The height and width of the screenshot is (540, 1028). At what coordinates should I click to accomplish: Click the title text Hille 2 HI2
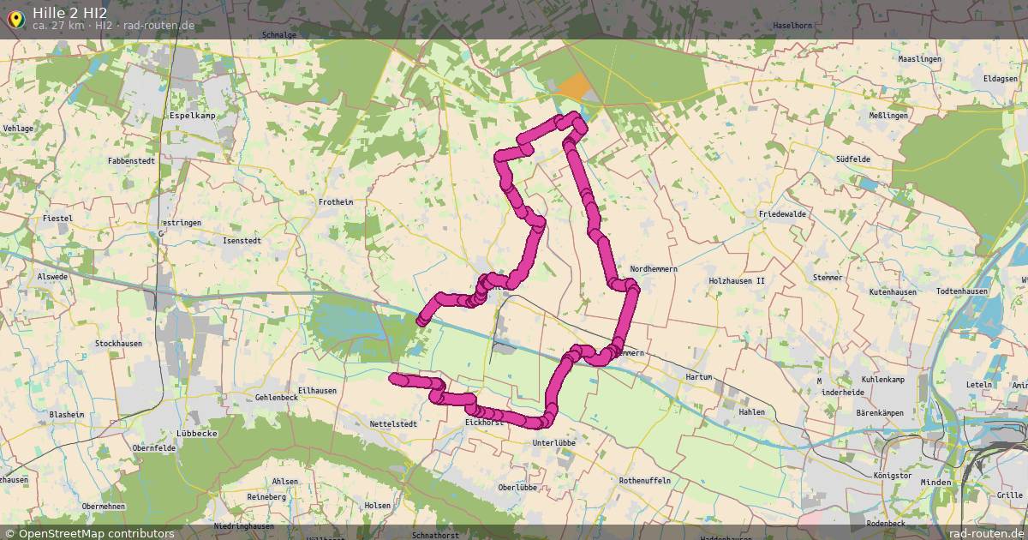pos(70,11)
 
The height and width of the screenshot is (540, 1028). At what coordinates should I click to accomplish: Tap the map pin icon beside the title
pos(15,18)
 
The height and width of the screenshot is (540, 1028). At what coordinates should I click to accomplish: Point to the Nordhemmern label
pos(654,269)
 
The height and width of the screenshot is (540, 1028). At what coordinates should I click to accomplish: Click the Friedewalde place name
pos(782,214)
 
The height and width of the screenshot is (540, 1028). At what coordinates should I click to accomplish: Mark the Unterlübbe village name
pos(553,443)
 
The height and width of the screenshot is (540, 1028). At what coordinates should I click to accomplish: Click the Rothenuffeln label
pos(644,482)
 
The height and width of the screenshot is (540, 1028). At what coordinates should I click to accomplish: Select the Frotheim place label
pos(336,202)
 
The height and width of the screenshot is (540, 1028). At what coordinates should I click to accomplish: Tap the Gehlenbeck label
pos(276,399)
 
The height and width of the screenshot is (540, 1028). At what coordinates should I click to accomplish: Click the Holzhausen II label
pos(736,281)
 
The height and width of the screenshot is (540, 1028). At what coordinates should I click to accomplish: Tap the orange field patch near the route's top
pos(573,87)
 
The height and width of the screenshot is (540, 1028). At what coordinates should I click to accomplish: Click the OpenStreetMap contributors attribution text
pos(96,533)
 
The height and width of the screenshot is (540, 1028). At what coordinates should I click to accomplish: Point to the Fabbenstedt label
pos(131,161)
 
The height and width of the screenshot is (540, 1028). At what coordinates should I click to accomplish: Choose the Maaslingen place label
pos(919,59)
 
